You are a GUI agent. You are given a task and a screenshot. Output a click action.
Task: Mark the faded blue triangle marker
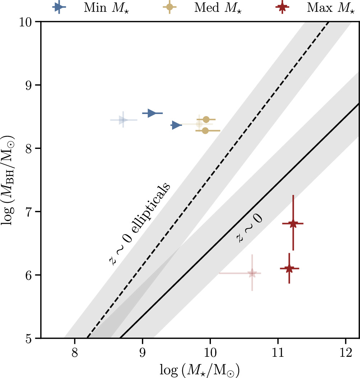123,120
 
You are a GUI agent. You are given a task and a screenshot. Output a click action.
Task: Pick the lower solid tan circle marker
205,131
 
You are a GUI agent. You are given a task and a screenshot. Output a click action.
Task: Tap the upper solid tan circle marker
206,119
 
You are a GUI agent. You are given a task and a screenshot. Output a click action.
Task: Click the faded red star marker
252,273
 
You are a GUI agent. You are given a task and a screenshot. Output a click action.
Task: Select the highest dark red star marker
293,223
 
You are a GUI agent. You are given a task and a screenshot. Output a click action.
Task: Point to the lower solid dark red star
289,268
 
